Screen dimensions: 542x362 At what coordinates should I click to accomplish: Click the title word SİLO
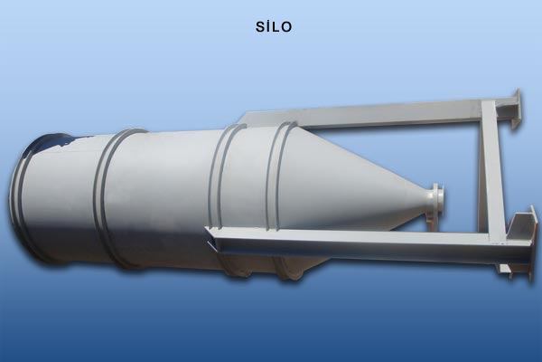tap(274, 26)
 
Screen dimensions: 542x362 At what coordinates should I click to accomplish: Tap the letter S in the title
tap(260, 27)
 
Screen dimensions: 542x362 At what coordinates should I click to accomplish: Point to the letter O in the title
tap(286, 27)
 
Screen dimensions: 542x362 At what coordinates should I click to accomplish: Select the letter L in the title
tap(276, 27)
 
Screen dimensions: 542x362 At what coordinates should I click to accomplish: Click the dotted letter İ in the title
tap(268, 26)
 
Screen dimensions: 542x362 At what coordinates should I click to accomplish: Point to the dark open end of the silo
tap(51, 142)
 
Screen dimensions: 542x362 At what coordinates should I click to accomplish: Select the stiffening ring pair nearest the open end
tap(114, 194)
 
